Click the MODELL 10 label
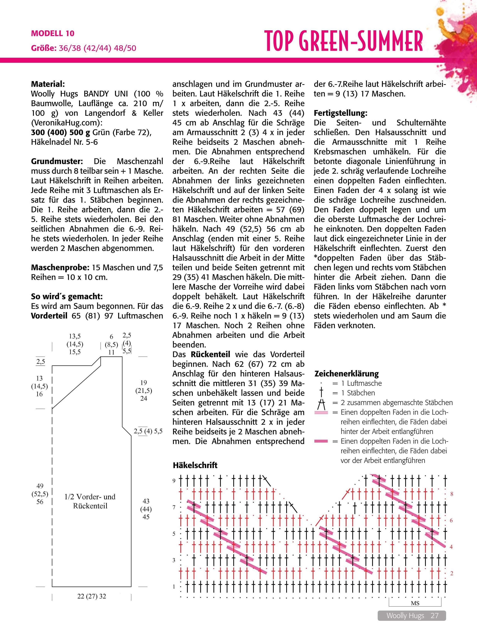(53, 33)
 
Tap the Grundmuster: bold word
(57, 161)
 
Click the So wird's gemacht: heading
(67, 296)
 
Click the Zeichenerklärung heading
(347, 374)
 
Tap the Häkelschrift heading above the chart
(195, 465)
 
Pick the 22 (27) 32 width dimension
(91, 596)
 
